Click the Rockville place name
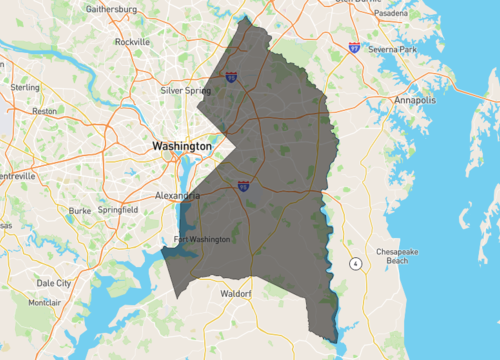[131, 42]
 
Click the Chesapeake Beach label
[397, 255]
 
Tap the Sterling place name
[25, 87]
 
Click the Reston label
[45, 111]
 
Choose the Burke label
[80, 211]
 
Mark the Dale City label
[53, 283]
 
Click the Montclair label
[44, 302]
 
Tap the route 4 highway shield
[354, 263]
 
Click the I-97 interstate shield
[355, 46]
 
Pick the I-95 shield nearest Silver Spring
[231, 76]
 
